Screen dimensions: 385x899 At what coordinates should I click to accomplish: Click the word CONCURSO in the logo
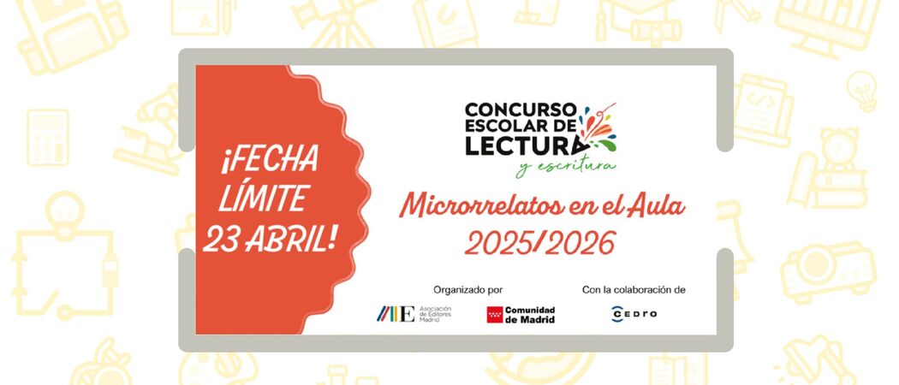point(520,110)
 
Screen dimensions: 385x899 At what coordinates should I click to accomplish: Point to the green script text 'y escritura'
point(565,166)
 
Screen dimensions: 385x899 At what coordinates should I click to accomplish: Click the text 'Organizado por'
point(468,289)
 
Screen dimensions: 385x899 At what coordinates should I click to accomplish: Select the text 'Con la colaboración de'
point(634,289)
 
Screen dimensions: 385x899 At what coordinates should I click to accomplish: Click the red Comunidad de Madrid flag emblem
point(494,315)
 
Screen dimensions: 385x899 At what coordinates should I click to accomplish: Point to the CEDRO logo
point(634,314)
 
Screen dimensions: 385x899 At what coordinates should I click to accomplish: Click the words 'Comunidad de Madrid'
point(530,315)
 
